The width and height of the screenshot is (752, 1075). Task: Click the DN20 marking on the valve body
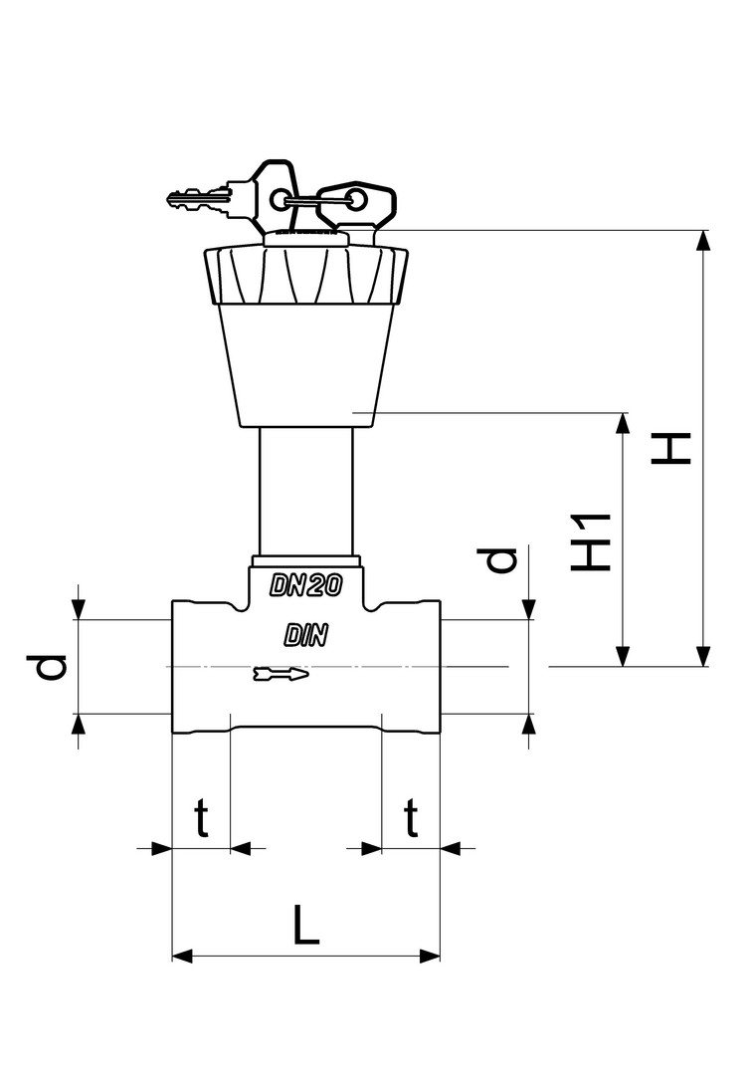306,586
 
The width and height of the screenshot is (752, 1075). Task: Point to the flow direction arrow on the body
282,674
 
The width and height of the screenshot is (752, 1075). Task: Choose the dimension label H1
591,541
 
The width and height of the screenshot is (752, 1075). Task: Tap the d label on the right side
502,559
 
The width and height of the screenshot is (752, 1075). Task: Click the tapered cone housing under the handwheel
304,363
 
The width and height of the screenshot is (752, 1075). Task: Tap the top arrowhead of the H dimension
704,240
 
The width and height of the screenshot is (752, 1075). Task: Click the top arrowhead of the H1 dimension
624,421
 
